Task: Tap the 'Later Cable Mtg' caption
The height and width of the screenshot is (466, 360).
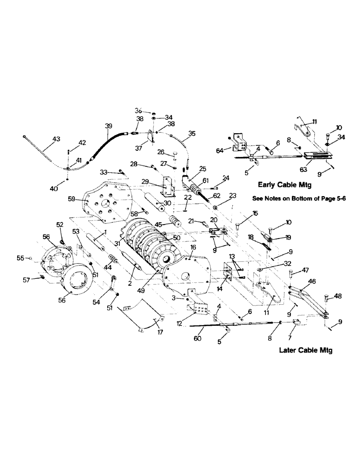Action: click(305, 350)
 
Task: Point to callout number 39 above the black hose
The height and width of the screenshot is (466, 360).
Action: click(108, 126)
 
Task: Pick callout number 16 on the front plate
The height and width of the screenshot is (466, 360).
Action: click(192, 247)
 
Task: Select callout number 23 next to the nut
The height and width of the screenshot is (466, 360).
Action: click(220, 195)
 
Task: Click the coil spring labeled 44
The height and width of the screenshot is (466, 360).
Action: click(112, 258)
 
